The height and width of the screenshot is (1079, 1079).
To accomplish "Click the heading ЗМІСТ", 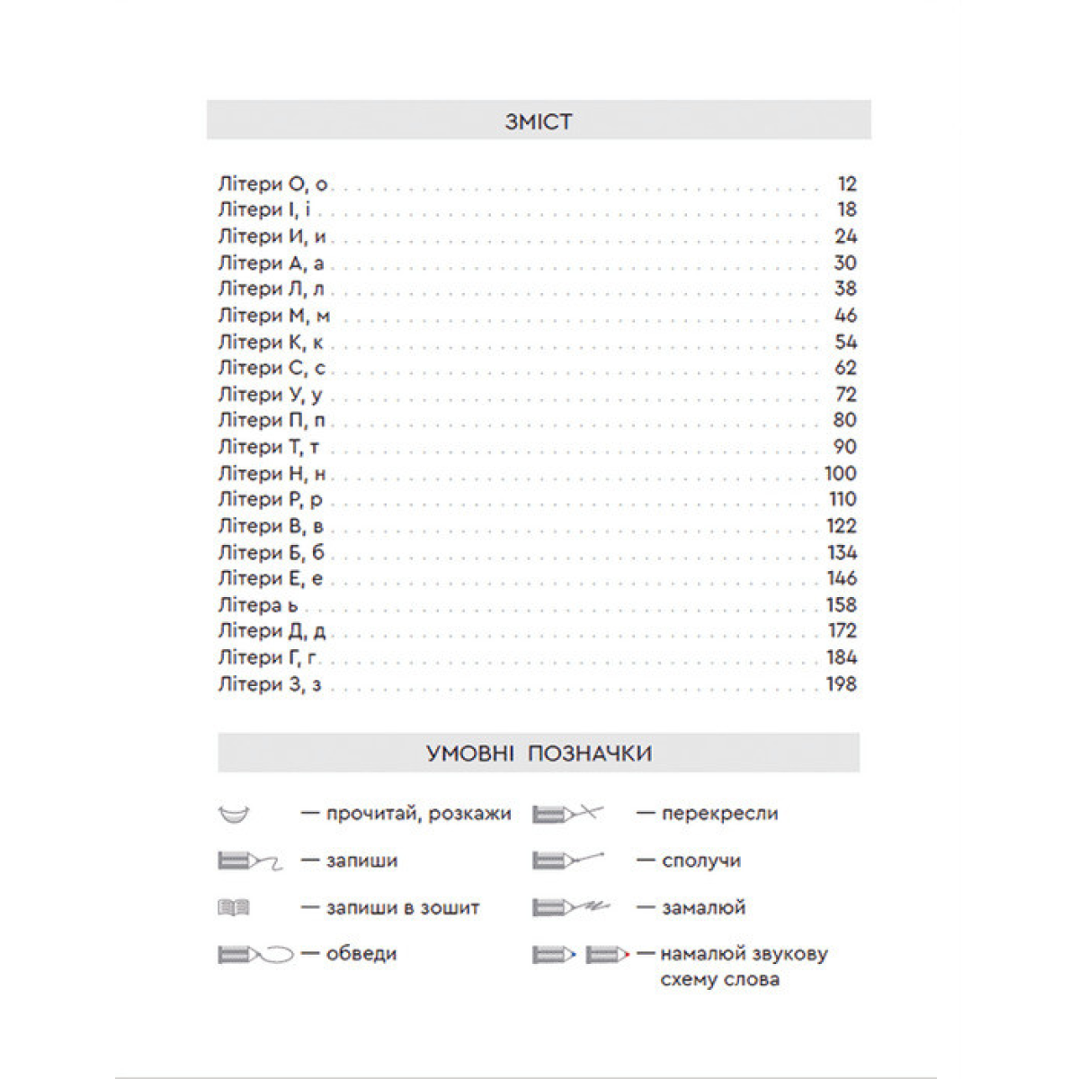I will click(x=539, y=121).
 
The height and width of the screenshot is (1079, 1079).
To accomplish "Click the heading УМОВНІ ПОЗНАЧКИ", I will click(x=539, y=753).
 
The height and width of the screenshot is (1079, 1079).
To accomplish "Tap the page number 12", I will click(x=846, y=184).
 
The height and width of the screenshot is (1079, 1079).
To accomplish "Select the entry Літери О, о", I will click(x=272, y=184).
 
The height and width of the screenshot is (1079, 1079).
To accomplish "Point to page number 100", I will click(x=841, y=473).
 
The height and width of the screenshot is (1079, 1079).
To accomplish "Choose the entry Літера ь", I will click(x=258, y=604).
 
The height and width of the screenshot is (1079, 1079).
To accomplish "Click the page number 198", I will click(x=841, y=684).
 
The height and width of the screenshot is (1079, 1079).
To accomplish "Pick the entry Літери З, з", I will click(x=269, y=684).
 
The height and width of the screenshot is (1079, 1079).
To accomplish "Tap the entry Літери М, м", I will click(x=273, y=316).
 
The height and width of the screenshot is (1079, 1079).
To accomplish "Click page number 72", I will click(x=845, y=394).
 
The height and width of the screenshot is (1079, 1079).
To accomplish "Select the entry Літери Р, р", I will click(x=271, y=499).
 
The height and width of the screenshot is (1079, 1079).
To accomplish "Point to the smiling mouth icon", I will click(x=234, y=815).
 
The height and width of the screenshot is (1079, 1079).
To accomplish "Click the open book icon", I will click(x=234, y=908).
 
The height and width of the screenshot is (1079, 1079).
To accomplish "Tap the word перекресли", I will click(x=719, y=814).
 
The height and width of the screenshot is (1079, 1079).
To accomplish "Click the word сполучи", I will click(x=701, y=861).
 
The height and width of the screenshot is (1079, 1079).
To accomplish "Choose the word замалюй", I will click(x=703, y=907).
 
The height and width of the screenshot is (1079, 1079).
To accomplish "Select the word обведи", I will click(x=361, y=954).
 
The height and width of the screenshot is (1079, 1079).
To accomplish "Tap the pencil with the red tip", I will click(x=609, y=954).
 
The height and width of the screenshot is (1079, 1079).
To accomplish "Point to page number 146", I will click(x=841, y=578).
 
